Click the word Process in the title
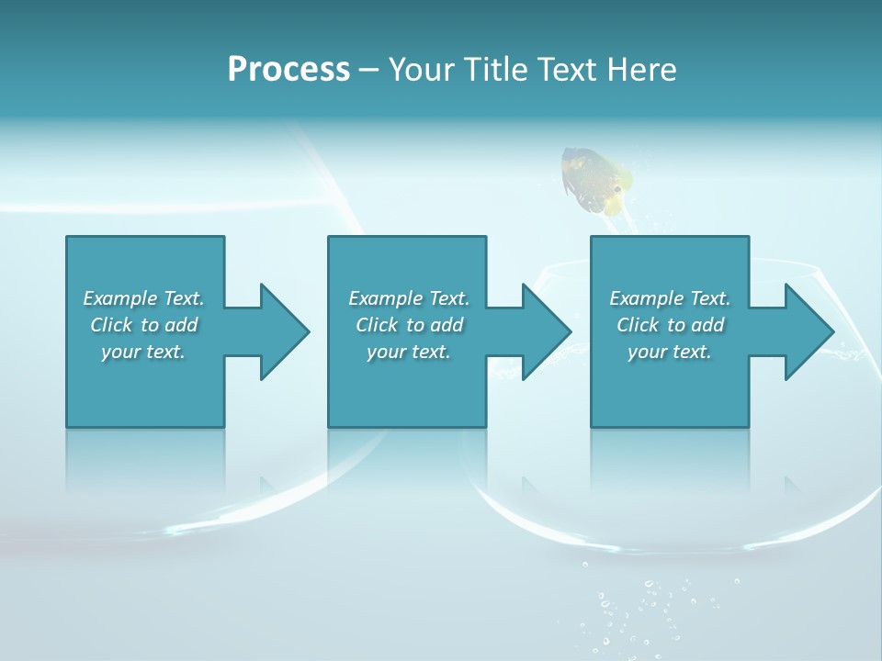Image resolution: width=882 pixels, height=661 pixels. [288, 70]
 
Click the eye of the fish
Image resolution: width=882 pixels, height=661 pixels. [617, 189]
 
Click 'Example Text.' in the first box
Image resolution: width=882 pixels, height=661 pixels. [143, 298]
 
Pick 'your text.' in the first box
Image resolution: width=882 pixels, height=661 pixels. [143, 352]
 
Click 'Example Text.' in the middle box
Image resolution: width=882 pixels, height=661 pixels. [409, 298]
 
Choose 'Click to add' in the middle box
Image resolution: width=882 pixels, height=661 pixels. [409, 325]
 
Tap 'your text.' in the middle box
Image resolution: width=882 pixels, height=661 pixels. [409, 352]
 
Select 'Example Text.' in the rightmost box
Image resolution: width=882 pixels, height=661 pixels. [670, 298]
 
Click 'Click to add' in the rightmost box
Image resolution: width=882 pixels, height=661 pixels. [670, 325]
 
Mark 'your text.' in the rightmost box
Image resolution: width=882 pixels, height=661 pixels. [670, 352]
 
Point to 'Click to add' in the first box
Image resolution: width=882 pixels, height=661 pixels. [143, 325]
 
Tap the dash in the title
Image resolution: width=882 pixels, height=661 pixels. [369, 71]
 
